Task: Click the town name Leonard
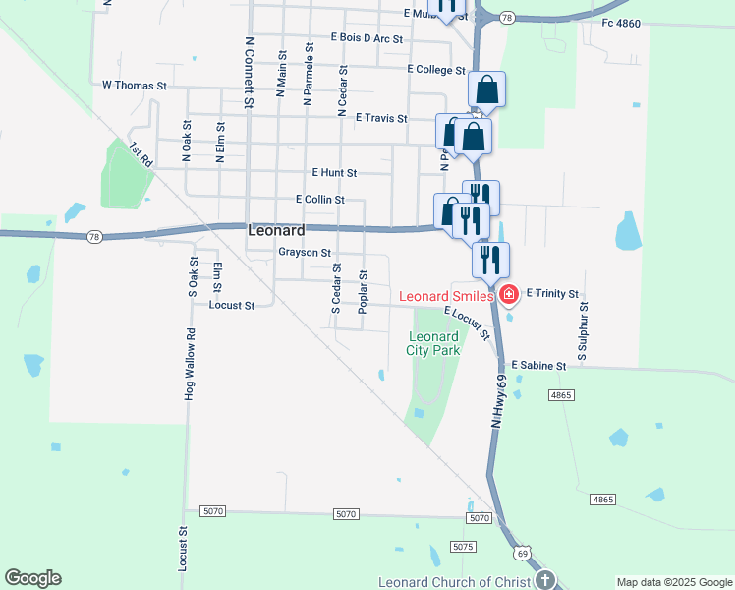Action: click(x=276, y=230)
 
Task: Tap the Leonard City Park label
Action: click(x=433, y=343)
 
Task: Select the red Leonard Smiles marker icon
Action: click(x=509, y=294)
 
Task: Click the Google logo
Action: click(x=32, y=578)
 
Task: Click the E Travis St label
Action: click(x=381, y=118)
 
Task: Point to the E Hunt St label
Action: click(x=333, y=172)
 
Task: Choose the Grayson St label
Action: click(x=304, y=252)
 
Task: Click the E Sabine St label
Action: click(x=538, y=366)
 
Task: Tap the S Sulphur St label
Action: click(x=583, y=330)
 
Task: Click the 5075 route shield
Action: click(x=463, y=546)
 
